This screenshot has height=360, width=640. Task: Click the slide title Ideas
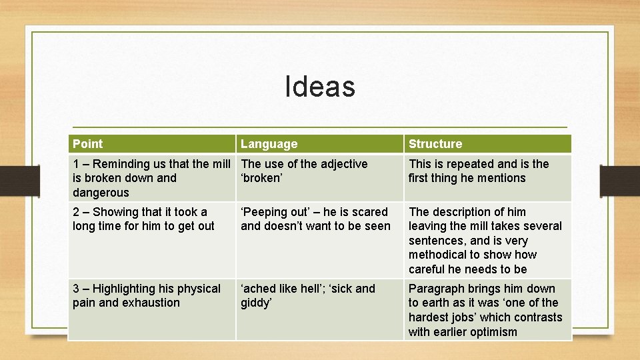(320, 87)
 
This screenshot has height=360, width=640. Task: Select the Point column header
(87, 144)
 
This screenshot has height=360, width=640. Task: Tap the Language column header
(269, 144)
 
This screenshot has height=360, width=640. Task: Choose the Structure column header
(435, 144)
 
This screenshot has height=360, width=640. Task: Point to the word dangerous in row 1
(101, 193)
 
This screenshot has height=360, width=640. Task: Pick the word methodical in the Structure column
(439, 255)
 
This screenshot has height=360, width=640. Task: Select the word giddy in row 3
(257, 303)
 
